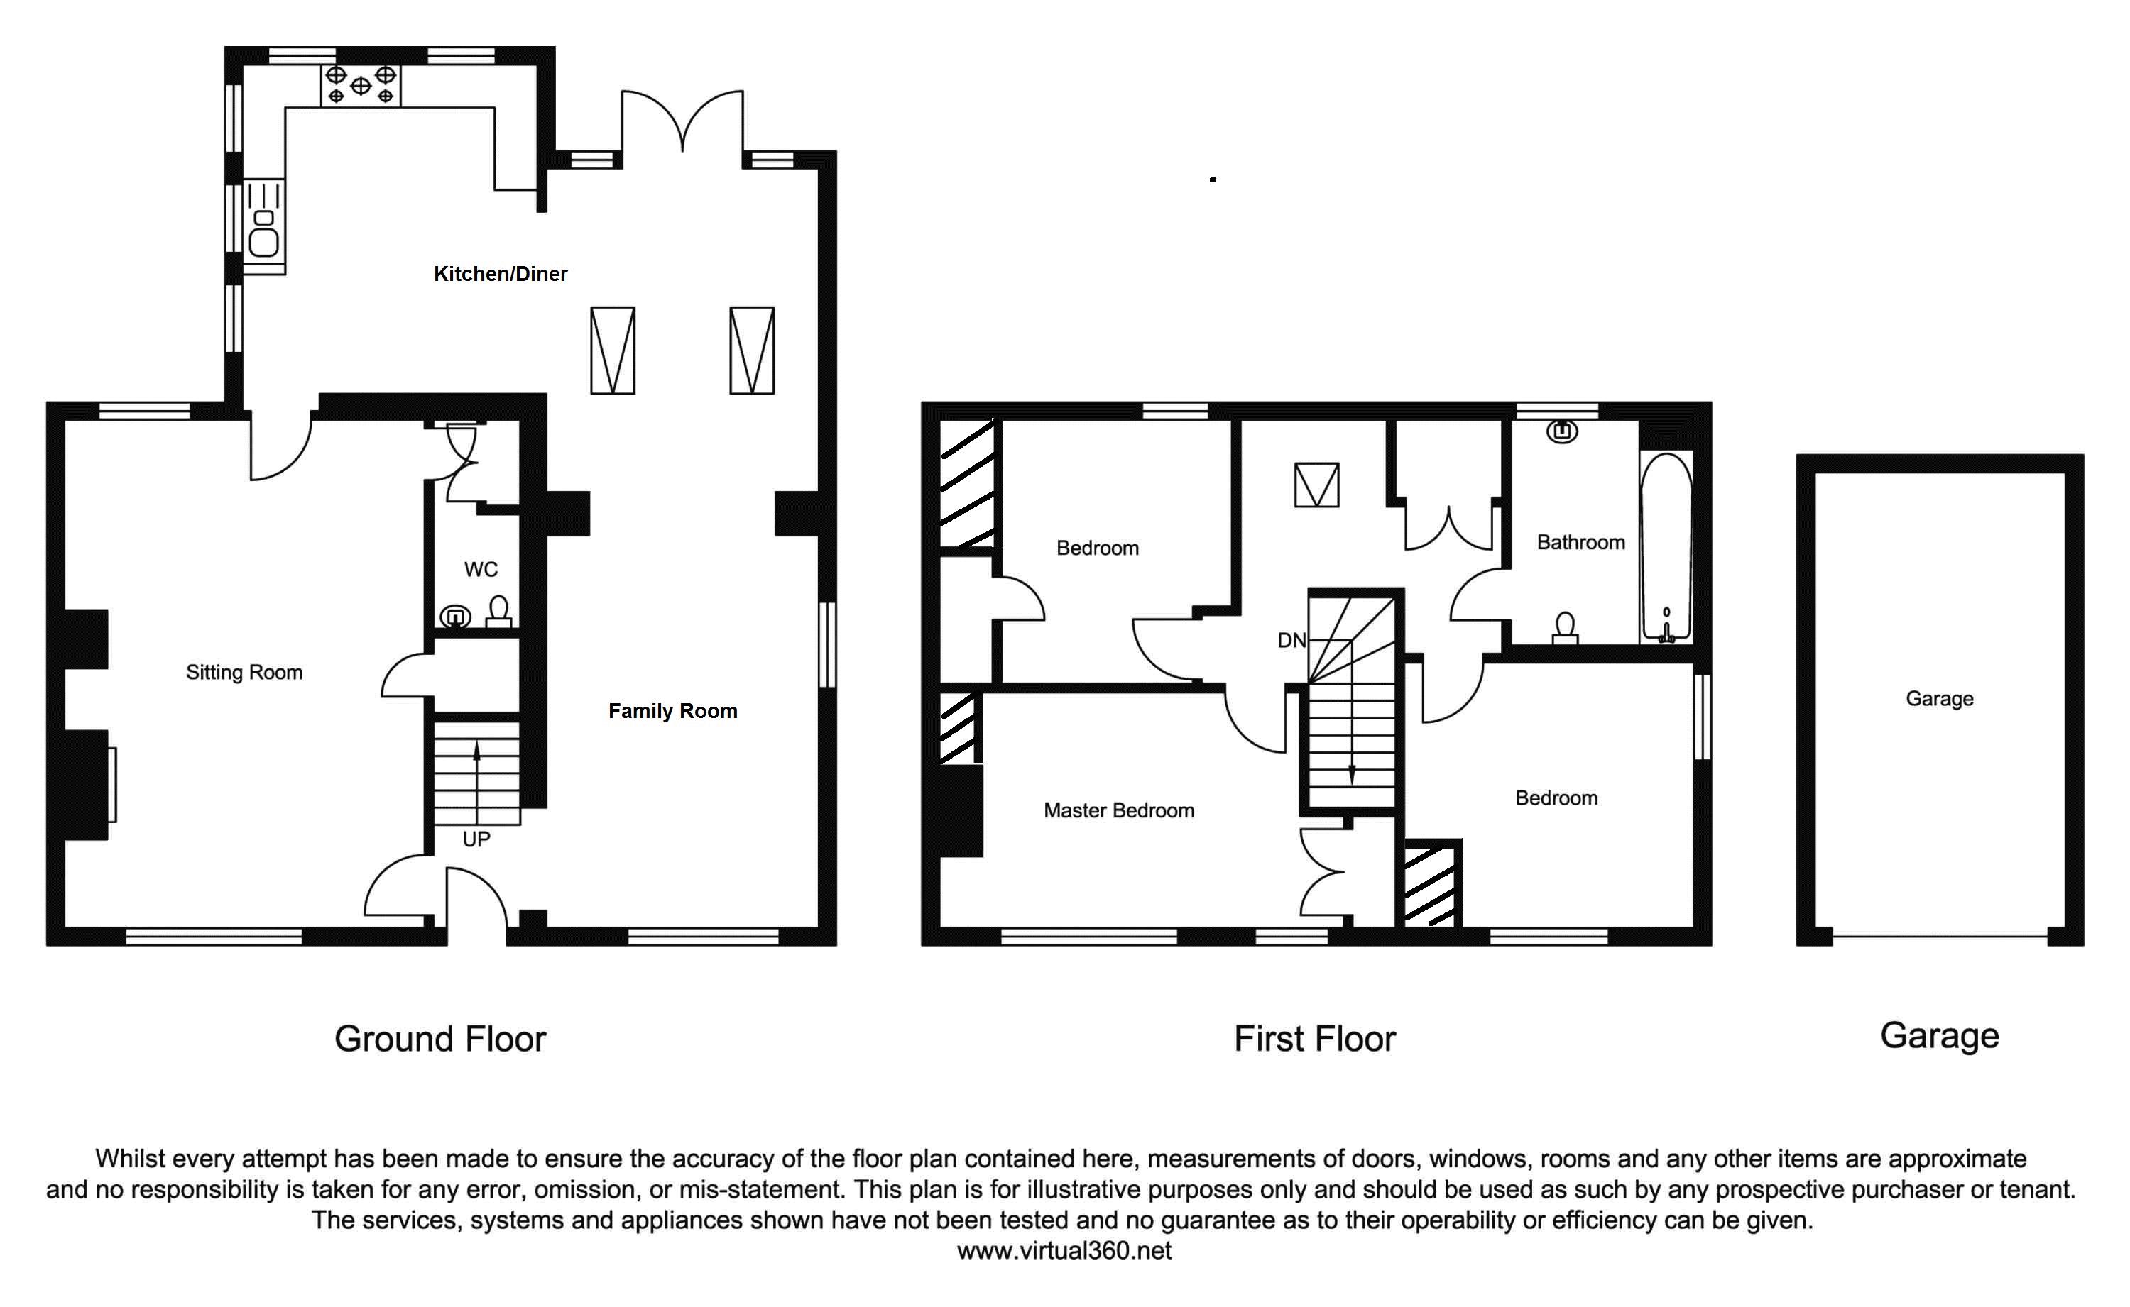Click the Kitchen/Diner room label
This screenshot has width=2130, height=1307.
(500, 274)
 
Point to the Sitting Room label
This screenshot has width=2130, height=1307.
(244, 673)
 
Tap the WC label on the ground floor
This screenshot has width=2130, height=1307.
(481, 570)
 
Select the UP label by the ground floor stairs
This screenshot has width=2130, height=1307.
(476, 839)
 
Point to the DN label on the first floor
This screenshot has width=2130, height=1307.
(1291, 641)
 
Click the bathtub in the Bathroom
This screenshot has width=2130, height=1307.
(1666, 546)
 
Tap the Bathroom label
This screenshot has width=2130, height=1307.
(1580, 543)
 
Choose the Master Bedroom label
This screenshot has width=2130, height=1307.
(1118, 811)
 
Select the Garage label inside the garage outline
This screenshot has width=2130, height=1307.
(1939, 698)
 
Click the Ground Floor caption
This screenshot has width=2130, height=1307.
(440, 1039)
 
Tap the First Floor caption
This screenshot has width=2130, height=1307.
(1314, 1039)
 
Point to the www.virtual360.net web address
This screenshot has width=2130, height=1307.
(1064, 1251)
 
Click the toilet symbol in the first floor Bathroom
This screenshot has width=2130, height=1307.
(1564, 629)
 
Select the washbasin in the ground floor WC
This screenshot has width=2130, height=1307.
(455, 617)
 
